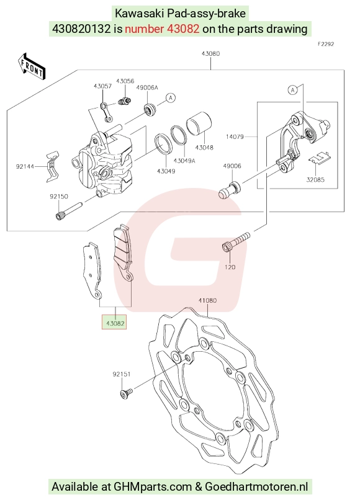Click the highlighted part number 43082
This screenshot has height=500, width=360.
point(115,323)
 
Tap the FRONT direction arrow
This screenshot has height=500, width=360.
point(32,66)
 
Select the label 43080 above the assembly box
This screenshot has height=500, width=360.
point(210,53)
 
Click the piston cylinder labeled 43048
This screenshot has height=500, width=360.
point(199,128)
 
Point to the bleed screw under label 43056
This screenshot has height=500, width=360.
point(124,100)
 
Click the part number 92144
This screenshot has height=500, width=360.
point(25,166)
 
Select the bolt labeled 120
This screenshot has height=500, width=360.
point(235,242)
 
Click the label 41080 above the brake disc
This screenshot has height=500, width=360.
point(207,300)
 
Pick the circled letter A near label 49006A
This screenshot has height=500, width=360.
point(171,97)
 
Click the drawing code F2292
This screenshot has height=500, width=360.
point(326,44)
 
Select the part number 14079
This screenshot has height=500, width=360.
point(235,136)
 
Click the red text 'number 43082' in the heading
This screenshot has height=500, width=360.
point(162,29)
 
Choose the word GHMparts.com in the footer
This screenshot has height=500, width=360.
point(153,486)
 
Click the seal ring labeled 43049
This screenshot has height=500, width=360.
point(164,143)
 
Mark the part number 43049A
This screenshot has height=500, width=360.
point(184,161)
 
